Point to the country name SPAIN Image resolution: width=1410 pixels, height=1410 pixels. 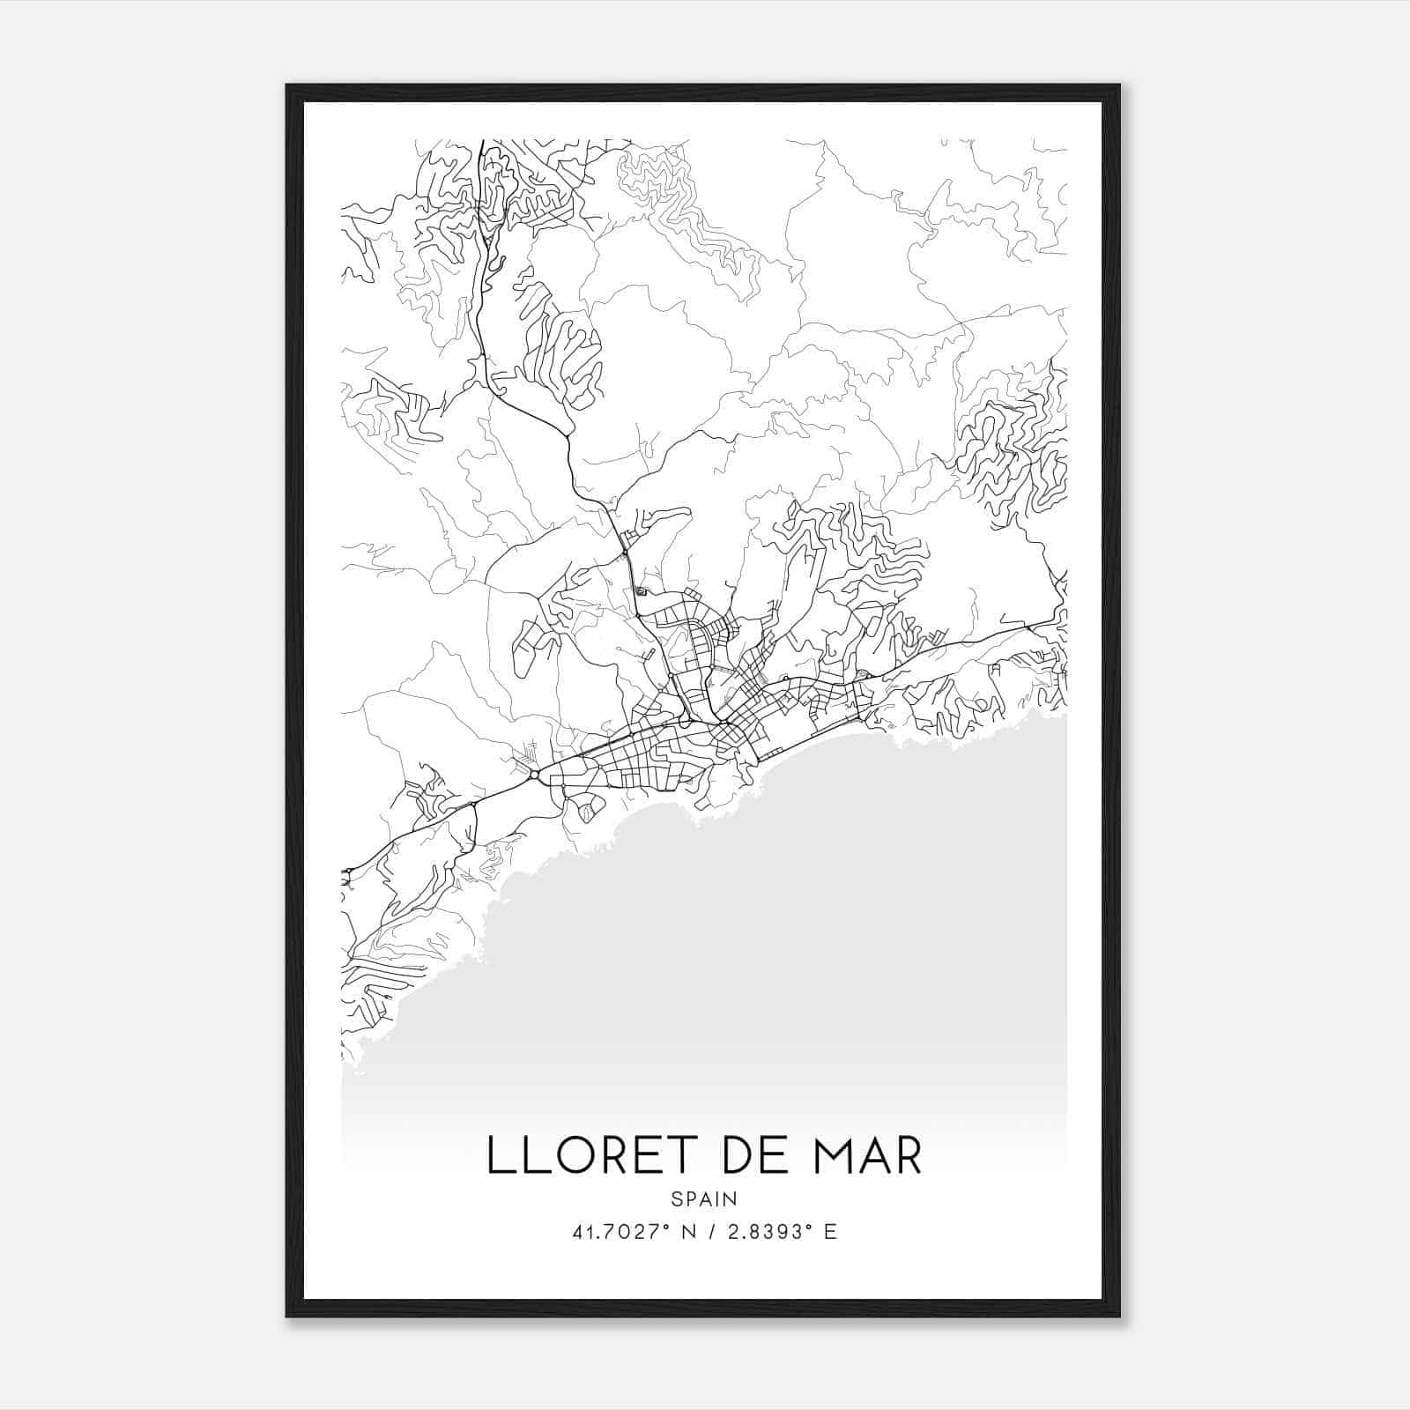(703, 1198)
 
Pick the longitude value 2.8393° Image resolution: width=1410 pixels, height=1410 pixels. (763, 1232)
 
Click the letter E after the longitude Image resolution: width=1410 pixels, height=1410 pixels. (829, 1232)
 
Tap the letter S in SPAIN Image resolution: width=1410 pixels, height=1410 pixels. (676, 1198)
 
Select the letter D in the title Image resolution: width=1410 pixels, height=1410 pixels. (724, 1155)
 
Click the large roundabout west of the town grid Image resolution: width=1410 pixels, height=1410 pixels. (535, 774)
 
